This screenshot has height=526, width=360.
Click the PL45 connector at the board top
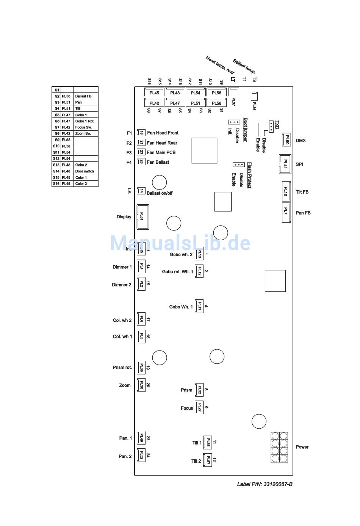[x=154, y=93]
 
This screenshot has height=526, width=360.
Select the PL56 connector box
[x=216, y=103]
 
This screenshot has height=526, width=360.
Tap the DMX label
[x=301, y=141]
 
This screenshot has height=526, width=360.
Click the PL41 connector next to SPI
[x=285, y=164]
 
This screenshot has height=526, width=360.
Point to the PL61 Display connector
[x=142, y=217]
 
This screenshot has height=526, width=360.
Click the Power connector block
[x=279, y=447]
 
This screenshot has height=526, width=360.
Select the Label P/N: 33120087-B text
[x=265, y=484]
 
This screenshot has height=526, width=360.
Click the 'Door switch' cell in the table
[x=85, y=171]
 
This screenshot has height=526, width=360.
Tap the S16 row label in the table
[x=56, y=184]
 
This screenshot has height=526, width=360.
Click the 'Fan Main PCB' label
[x=161, y=152]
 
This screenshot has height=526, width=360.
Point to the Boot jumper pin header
[x=234, y=122]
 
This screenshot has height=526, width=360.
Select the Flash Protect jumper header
[x=238, y=164]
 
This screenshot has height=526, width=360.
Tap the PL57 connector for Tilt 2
[x=207, y=460]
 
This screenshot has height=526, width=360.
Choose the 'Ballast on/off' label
[x=160, y=193]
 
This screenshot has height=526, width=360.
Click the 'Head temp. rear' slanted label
[x=220, y=65]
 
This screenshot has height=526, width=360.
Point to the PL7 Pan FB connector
[x=286, y=213]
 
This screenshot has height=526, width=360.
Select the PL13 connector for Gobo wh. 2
[x=199, y=254]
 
